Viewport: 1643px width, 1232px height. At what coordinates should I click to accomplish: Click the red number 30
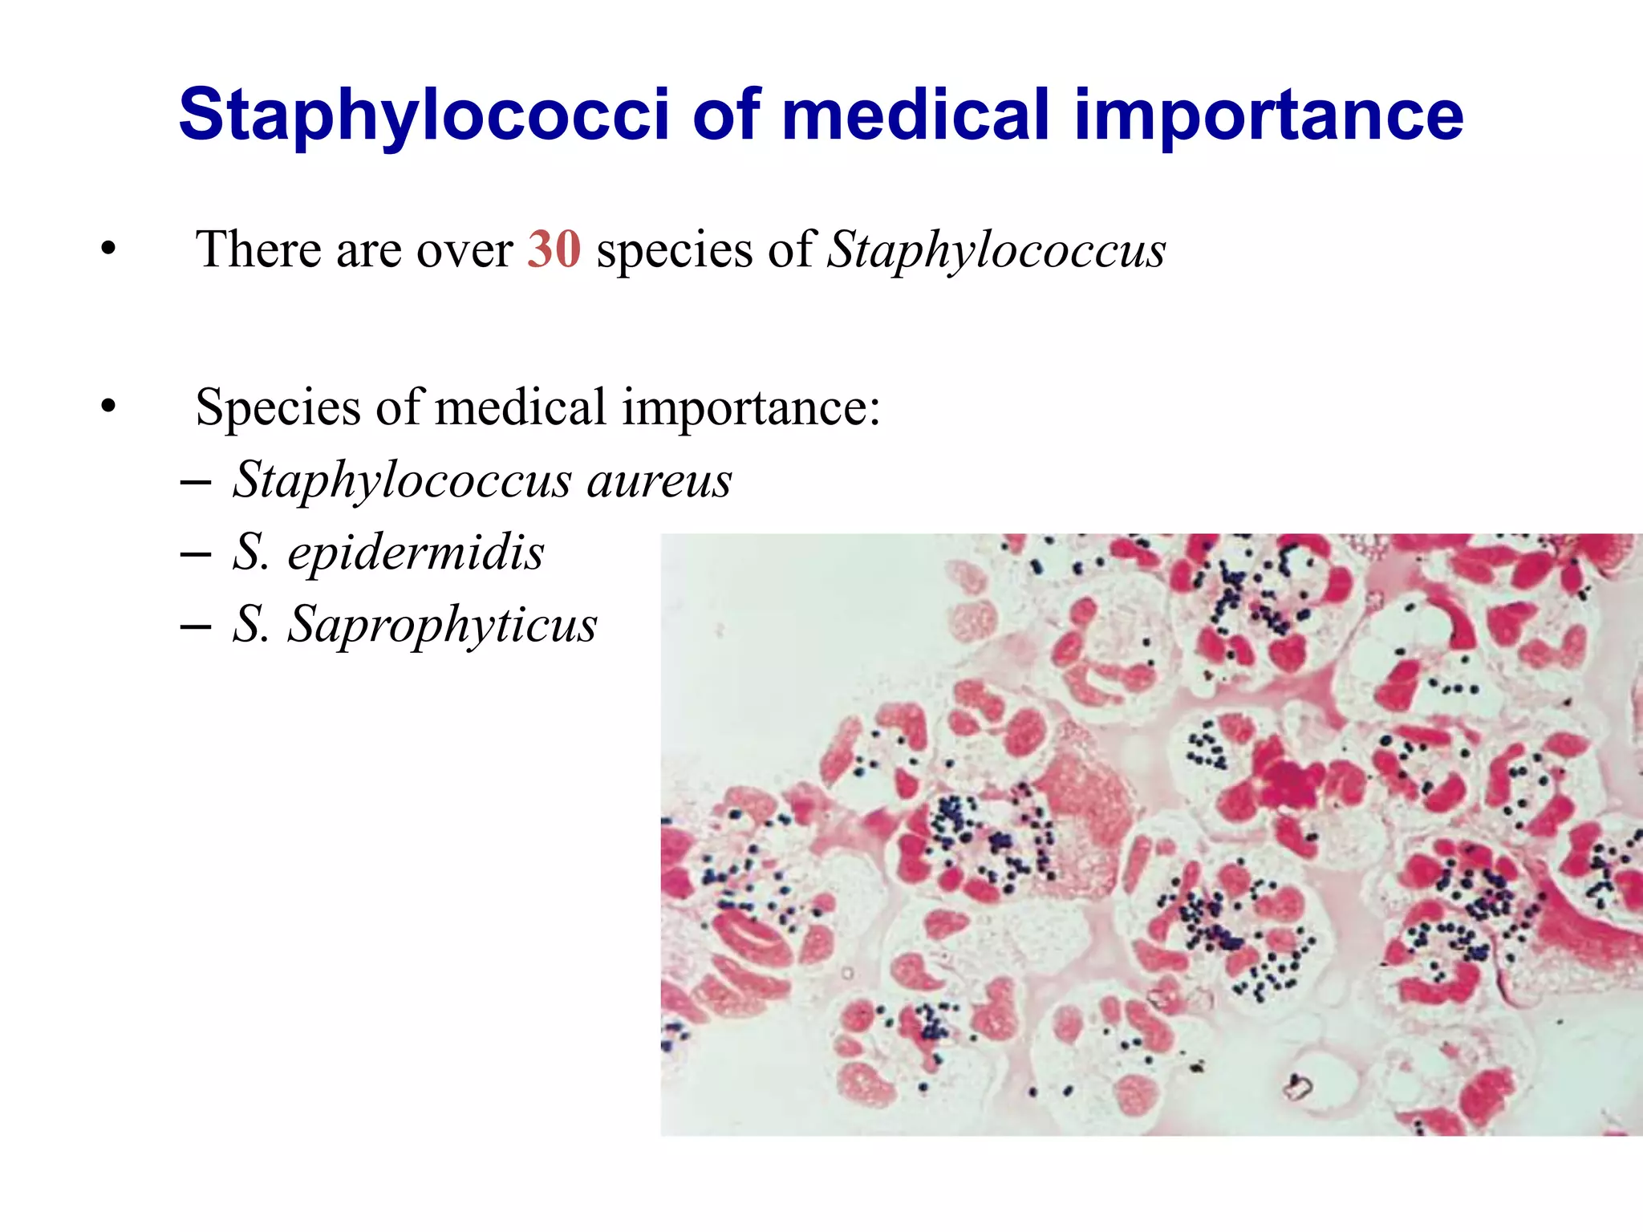[554, 249]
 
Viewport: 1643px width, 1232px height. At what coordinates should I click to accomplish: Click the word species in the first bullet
[674, 249]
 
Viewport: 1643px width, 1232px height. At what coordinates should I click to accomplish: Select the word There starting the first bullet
[258, 249]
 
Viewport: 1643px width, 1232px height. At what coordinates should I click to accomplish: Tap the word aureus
[659, 480]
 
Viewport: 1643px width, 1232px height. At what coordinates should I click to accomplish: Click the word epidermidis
[416, 553]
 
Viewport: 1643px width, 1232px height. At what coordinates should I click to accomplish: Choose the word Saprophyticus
[442, 624]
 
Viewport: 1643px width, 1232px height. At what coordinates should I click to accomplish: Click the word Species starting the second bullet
[277, 407]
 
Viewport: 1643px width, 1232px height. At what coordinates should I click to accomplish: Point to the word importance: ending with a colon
[751, 407]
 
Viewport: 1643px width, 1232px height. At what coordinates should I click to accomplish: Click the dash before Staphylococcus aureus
[196, 483]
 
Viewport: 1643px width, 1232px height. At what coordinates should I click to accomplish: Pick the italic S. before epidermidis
[250, 553]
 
